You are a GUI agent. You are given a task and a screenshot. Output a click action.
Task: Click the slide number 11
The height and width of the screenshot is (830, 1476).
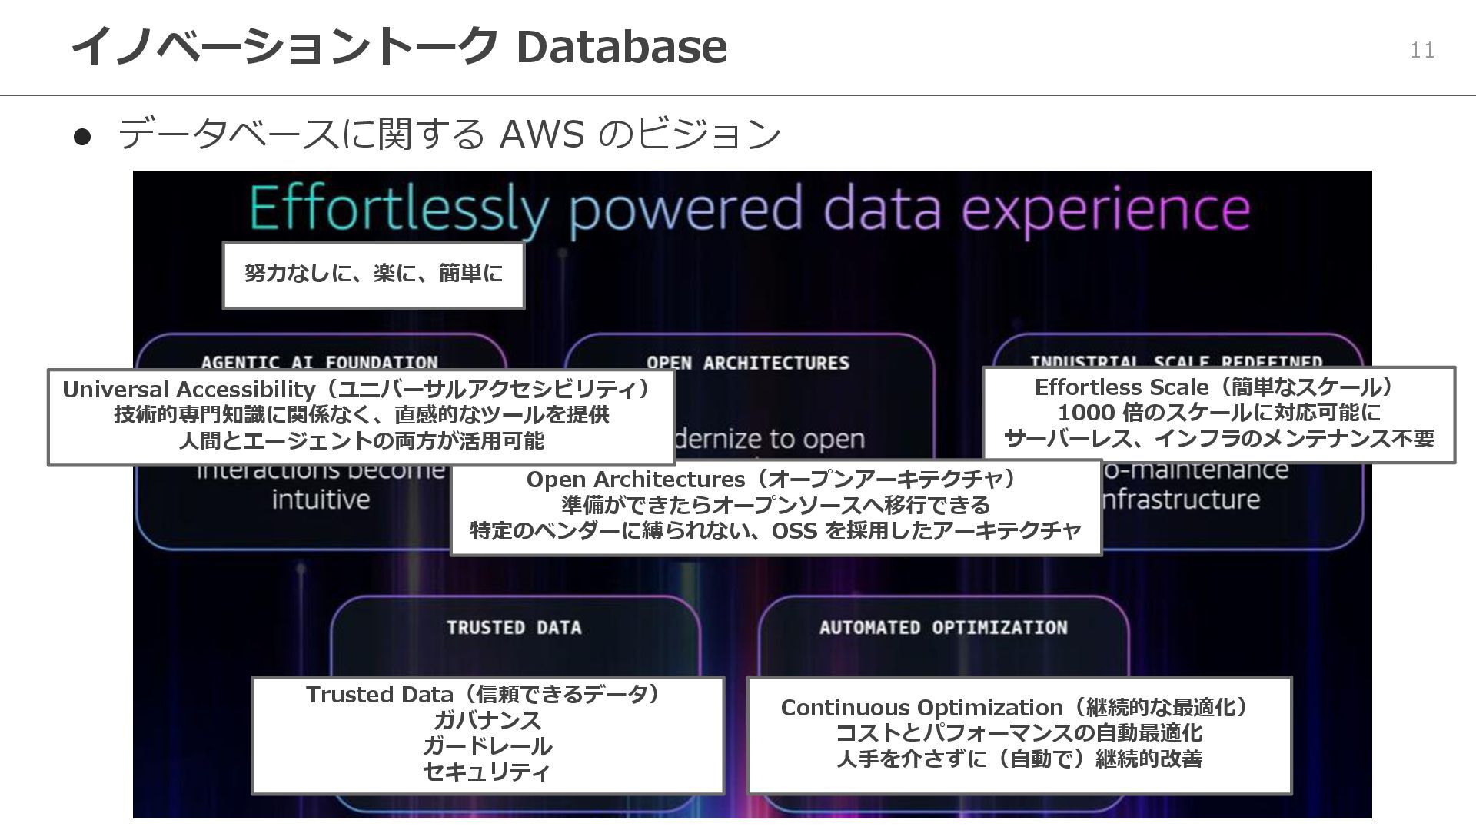point(1422,51)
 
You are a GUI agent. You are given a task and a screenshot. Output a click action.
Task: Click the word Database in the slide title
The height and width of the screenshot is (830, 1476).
point(621,46)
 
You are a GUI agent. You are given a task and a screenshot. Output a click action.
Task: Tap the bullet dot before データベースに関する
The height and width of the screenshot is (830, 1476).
point(82,136)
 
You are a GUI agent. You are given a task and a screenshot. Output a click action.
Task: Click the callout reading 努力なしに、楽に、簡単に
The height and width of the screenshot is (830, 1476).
point(374,274)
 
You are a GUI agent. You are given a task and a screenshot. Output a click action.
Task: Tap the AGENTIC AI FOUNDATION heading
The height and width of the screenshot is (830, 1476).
point(319,362)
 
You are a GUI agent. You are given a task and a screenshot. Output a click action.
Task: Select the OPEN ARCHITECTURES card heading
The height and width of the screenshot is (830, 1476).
point(748,363)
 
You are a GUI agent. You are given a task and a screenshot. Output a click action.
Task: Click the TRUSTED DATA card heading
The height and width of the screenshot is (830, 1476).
point(514,628)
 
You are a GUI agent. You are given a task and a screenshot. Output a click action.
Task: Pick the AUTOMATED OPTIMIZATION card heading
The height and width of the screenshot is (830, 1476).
point(943,628)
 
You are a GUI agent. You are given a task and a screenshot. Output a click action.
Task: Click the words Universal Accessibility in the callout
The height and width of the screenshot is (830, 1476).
point(188,390)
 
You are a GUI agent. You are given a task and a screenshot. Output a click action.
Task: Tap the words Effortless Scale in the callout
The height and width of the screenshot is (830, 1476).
point(1121,387)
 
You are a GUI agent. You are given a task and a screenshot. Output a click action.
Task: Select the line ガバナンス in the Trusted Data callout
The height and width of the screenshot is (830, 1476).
point(487,721)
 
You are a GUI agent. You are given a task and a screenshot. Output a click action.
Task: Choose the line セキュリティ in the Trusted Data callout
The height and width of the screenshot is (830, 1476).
point(487,772)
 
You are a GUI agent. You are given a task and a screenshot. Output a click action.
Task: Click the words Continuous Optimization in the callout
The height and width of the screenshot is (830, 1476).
point(921,708)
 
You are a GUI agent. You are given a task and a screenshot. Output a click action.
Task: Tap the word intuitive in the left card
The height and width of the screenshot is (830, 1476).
point(321,500)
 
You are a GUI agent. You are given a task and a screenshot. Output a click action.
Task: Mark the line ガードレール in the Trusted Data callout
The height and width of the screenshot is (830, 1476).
point(487,746)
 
